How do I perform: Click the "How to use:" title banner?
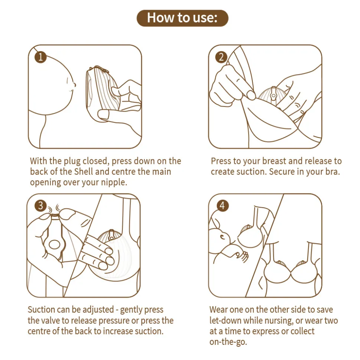pyautogui.click(x=183, y=18)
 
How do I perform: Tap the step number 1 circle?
pyautogui.click(x=40, y=57)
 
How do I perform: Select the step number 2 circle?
pyautogui.click(x=221, y=57)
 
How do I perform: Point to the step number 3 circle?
pyautogui.click(x=40, y=205)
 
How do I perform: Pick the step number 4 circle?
pyautogui.click(x=222, y=205)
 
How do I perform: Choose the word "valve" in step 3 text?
pyautogui.click(x=48, y=320)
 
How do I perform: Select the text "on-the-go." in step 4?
pyautogui.click(x=228, y=342)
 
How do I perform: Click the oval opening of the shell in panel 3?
pyautogui.click(x=54, y=245)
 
